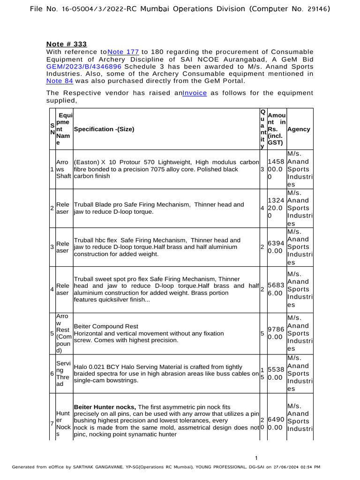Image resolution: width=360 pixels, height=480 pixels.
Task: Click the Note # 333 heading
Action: [67, 44]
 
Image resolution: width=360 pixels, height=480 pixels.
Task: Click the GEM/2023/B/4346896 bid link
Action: [84, 67]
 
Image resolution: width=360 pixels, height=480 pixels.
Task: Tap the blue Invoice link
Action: [195, 93]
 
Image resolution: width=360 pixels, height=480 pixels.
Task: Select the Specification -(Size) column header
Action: [107, 129]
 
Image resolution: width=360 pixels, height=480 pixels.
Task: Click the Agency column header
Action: [299, 129]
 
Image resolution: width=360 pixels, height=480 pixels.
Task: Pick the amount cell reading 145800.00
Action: [276, 169]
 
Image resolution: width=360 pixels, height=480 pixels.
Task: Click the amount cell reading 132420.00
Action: [276, 208]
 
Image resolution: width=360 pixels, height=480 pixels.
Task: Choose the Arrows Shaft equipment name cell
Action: [63, 169]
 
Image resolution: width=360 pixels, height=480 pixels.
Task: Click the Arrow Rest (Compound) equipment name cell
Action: [63, 333]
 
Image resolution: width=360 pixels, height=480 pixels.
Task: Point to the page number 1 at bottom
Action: [256, 458]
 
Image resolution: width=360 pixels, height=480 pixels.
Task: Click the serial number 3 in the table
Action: [52, 247]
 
